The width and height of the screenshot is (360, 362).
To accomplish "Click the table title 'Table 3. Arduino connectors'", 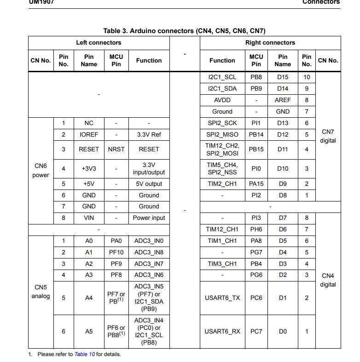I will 184,31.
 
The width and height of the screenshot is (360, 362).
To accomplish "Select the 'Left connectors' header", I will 99,43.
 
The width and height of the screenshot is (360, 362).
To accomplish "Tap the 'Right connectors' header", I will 270,43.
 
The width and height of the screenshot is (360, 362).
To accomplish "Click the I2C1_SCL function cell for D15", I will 222,77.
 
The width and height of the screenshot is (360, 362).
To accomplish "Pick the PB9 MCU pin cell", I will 256,89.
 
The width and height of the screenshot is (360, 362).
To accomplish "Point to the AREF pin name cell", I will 283,100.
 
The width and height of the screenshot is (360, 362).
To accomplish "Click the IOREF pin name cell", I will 89,134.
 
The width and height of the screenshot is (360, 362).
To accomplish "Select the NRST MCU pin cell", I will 116,149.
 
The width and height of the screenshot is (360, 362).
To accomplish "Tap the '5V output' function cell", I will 149,184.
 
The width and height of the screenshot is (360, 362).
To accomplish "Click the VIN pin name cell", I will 89,218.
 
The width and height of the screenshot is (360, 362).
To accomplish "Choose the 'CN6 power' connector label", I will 41,170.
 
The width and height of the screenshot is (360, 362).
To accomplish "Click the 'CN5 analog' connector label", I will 41,292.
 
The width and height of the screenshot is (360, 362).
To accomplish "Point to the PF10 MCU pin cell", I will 116,252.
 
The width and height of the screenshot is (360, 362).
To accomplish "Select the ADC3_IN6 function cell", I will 149,275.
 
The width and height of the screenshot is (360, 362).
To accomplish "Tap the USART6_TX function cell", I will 222,298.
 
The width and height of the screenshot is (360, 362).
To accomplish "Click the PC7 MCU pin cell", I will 256,331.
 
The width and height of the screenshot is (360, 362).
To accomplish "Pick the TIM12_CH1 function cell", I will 222,229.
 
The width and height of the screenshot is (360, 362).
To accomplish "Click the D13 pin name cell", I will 283,123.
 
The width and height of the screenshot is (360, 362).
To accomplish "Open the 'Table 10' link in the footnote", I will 85,354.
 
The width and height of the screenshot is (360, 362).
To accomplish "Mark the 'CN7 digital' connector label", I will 328,136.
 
